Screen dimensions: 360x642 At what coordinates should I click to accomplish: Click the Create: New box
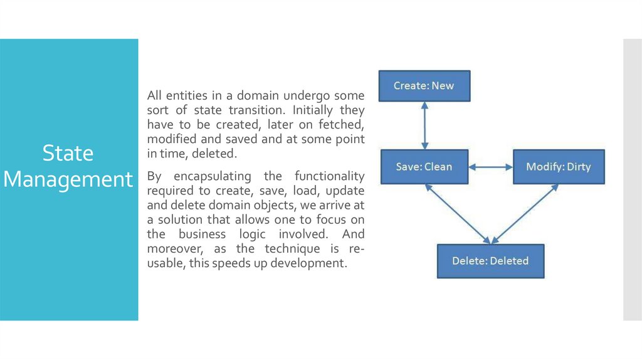tap(424, 86)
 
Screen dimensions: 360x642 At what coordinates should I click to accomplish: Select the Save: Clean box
tap(424, 167)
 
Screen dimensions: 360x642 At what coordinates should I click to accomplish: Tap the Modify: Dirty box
tap(559, 167)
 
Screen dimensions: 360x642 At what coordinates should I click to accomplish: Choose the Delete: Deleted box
tap(490, 261)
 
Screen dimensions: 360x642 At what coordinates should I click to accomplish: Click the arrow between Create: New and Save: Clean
tap(424, 125)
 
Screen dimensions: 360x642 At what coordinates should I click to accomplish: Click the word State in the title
tap(68, 153)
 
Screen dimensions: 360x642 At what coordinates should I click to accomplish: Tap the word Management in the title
tap(68, 179)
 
